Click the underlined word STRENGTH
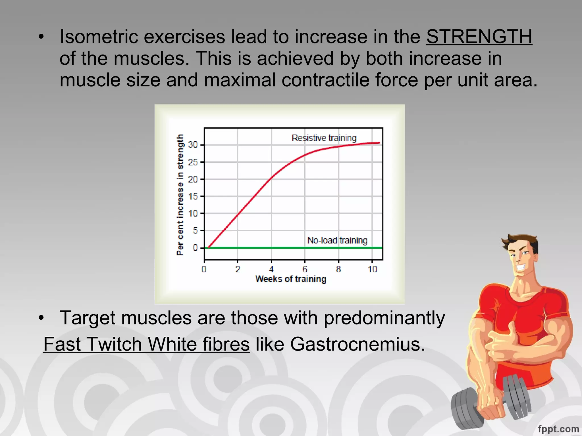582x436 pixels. point(479,37)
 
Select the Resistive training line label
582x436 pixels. point(324,138)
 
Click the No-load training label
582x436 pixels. point(337,240)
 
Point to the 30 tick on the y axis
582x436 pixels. point(193,145)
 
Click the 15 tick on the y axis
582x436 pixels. point(193,196)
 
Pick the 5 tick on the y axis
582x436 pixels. point(195,230)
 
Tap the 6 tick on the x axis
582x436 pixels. point(305,269)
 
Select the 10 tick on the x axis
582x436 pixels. point(372,269)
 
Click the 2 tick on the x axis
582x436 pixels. point(238,269)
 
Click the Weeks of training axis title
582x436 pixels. point(291,279)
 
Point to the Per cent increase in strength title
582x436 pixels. point(180,195)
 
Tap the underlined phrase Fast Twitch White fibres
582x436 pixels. point(146,344)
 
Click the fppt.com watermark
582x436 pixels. point(558,429)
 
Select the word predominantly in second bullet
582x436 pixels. point(384,318)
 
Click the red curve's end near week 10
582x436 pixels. point(379,143)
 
